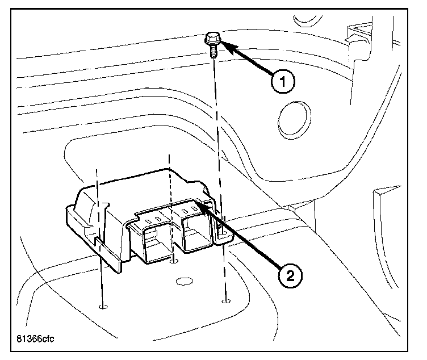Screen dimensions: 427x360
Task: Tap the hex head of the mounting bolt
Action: click(212, 40)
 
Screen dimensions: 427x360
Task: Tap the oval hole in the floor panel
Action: click(183, 281)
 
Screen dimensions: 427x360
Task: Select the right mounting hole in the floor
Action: click(227, 301)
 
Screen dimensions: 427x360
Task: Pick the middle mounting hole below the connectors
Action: click(174, 261)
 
